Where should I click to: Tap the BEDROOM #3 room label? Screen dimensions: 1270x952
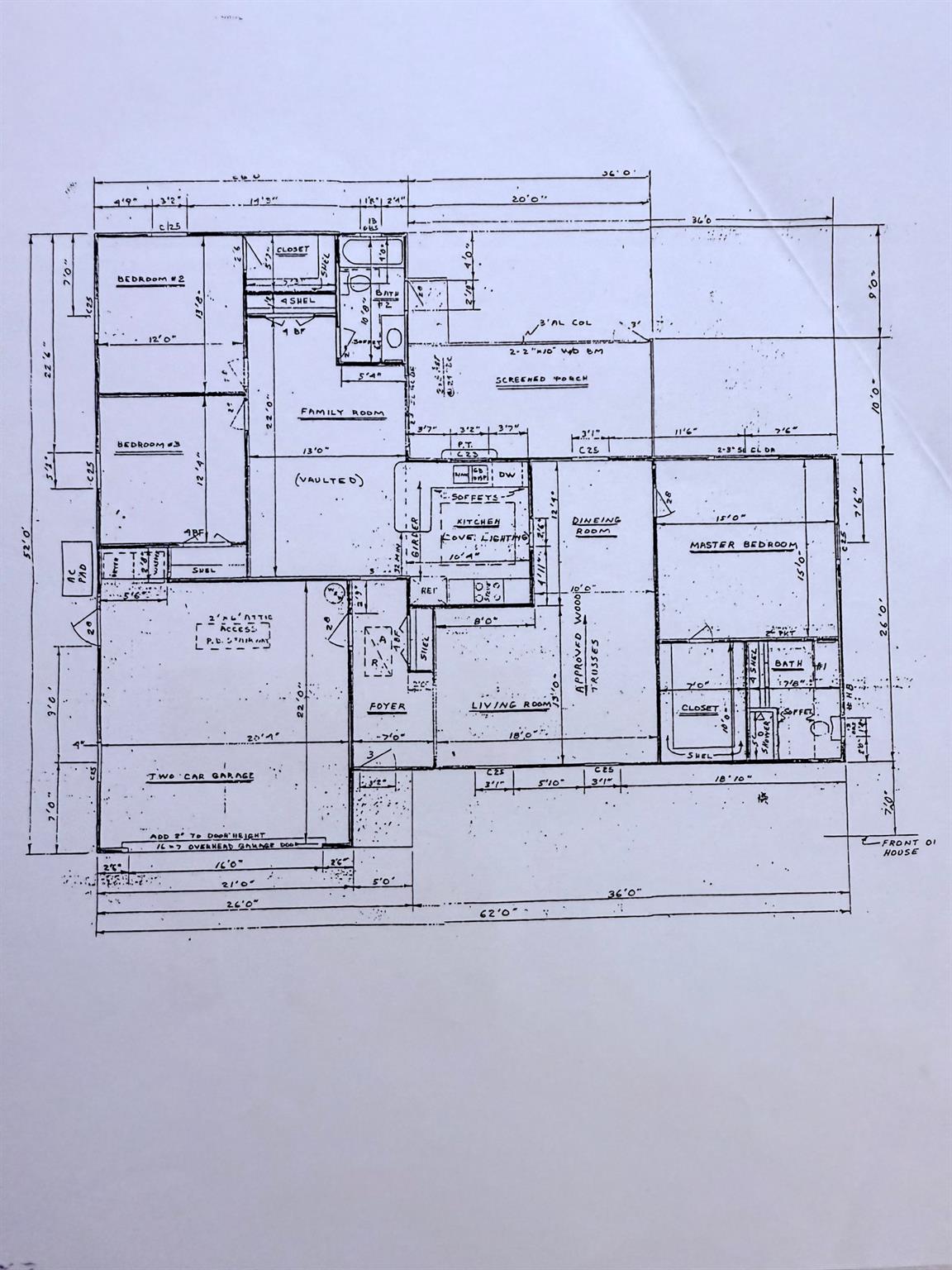pyautogui.click(x=149, y=446)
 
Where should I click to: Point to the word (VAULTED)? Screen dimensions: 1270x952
pyautogui.click(x=329, y=480)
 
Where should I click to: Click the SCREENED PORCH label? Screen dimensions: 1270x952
pyautogui.click(x=541, y=380)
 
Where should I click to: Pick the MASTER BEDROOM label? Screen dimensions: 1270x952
pyautogui.click(x=743, y=546)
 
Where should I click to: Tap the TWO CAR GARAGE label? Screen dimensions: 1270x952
pyautogui.click(x=200, y=776)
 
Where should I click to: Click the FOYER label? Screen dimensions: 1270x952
pyautogui.click(x=387, y=707)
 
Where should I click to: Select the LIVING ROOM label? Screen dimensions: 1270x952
pyautogui.click(x=510, y=705)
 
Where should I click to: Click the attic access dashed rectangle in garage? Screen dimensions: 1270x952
pyautogui.click(x=221, y=635)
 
